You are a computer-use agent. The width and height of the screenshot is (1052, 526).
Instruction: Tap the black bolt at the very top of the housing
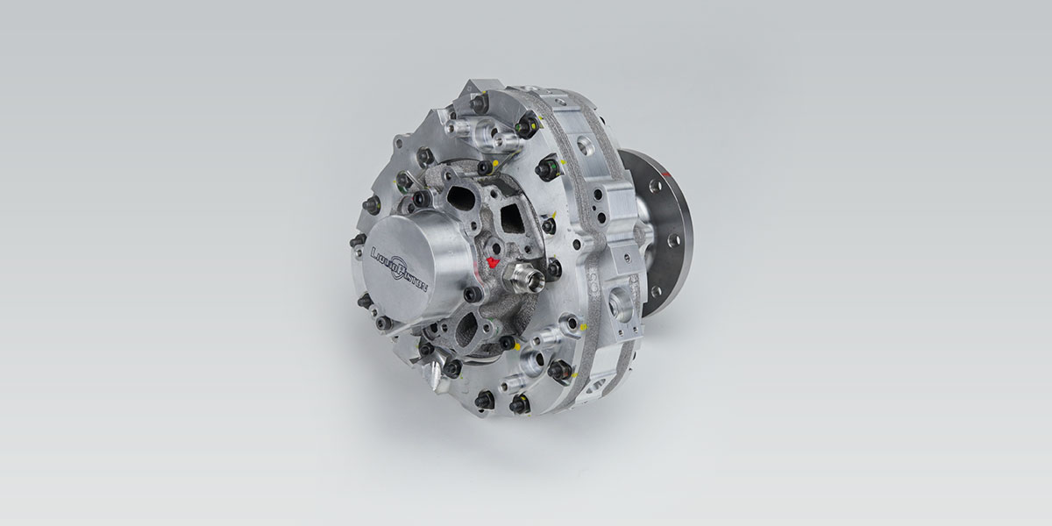(479, 103)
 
